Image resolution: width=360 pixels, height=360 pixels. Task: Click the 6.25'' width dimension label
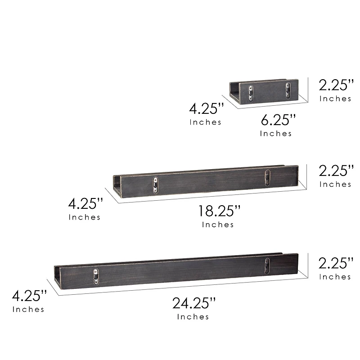278,120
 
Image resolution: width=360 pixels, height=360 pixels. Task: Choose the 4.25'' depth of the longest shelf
29,296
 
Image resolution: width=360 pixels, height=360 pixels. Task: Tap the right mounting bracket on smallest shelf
287,90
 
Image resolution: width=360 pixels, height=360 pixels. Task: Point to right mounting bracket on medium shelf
267,178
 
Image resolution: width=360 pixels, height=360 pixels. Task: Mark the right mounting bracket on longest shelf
267,265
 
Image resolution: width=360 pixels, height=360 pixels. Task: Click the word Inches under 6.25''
276,133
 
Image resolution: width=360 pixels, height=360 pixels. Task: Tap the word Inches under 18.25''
218,225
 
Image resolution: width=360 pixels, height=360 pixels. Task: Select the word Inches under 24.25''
193,317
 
